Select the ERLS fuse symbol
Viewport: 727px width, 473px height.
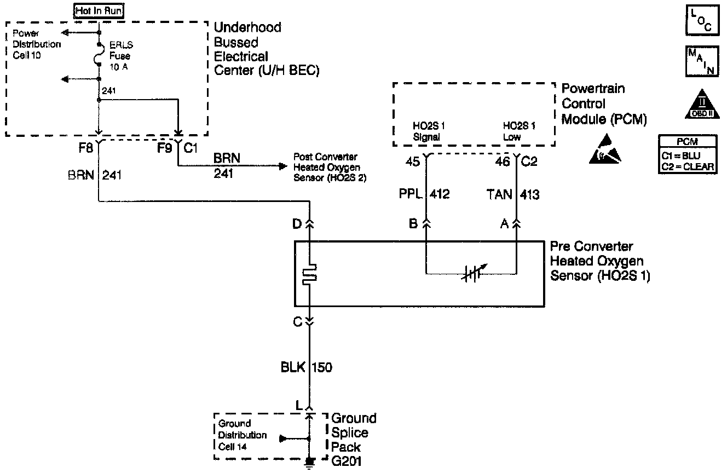coord(99,55)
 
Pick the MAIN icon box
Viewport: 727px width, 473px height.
coord(701,61)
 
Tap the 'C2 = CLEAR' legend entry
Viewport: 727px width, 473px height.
coord(688,166)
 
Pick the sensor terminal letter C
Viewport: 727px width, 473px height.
coord(298,322)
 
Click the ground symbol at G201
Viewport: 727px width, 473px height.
coord(309,463)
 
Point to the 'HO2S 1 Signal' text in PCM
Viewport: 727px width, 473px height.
coord(427,131)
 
